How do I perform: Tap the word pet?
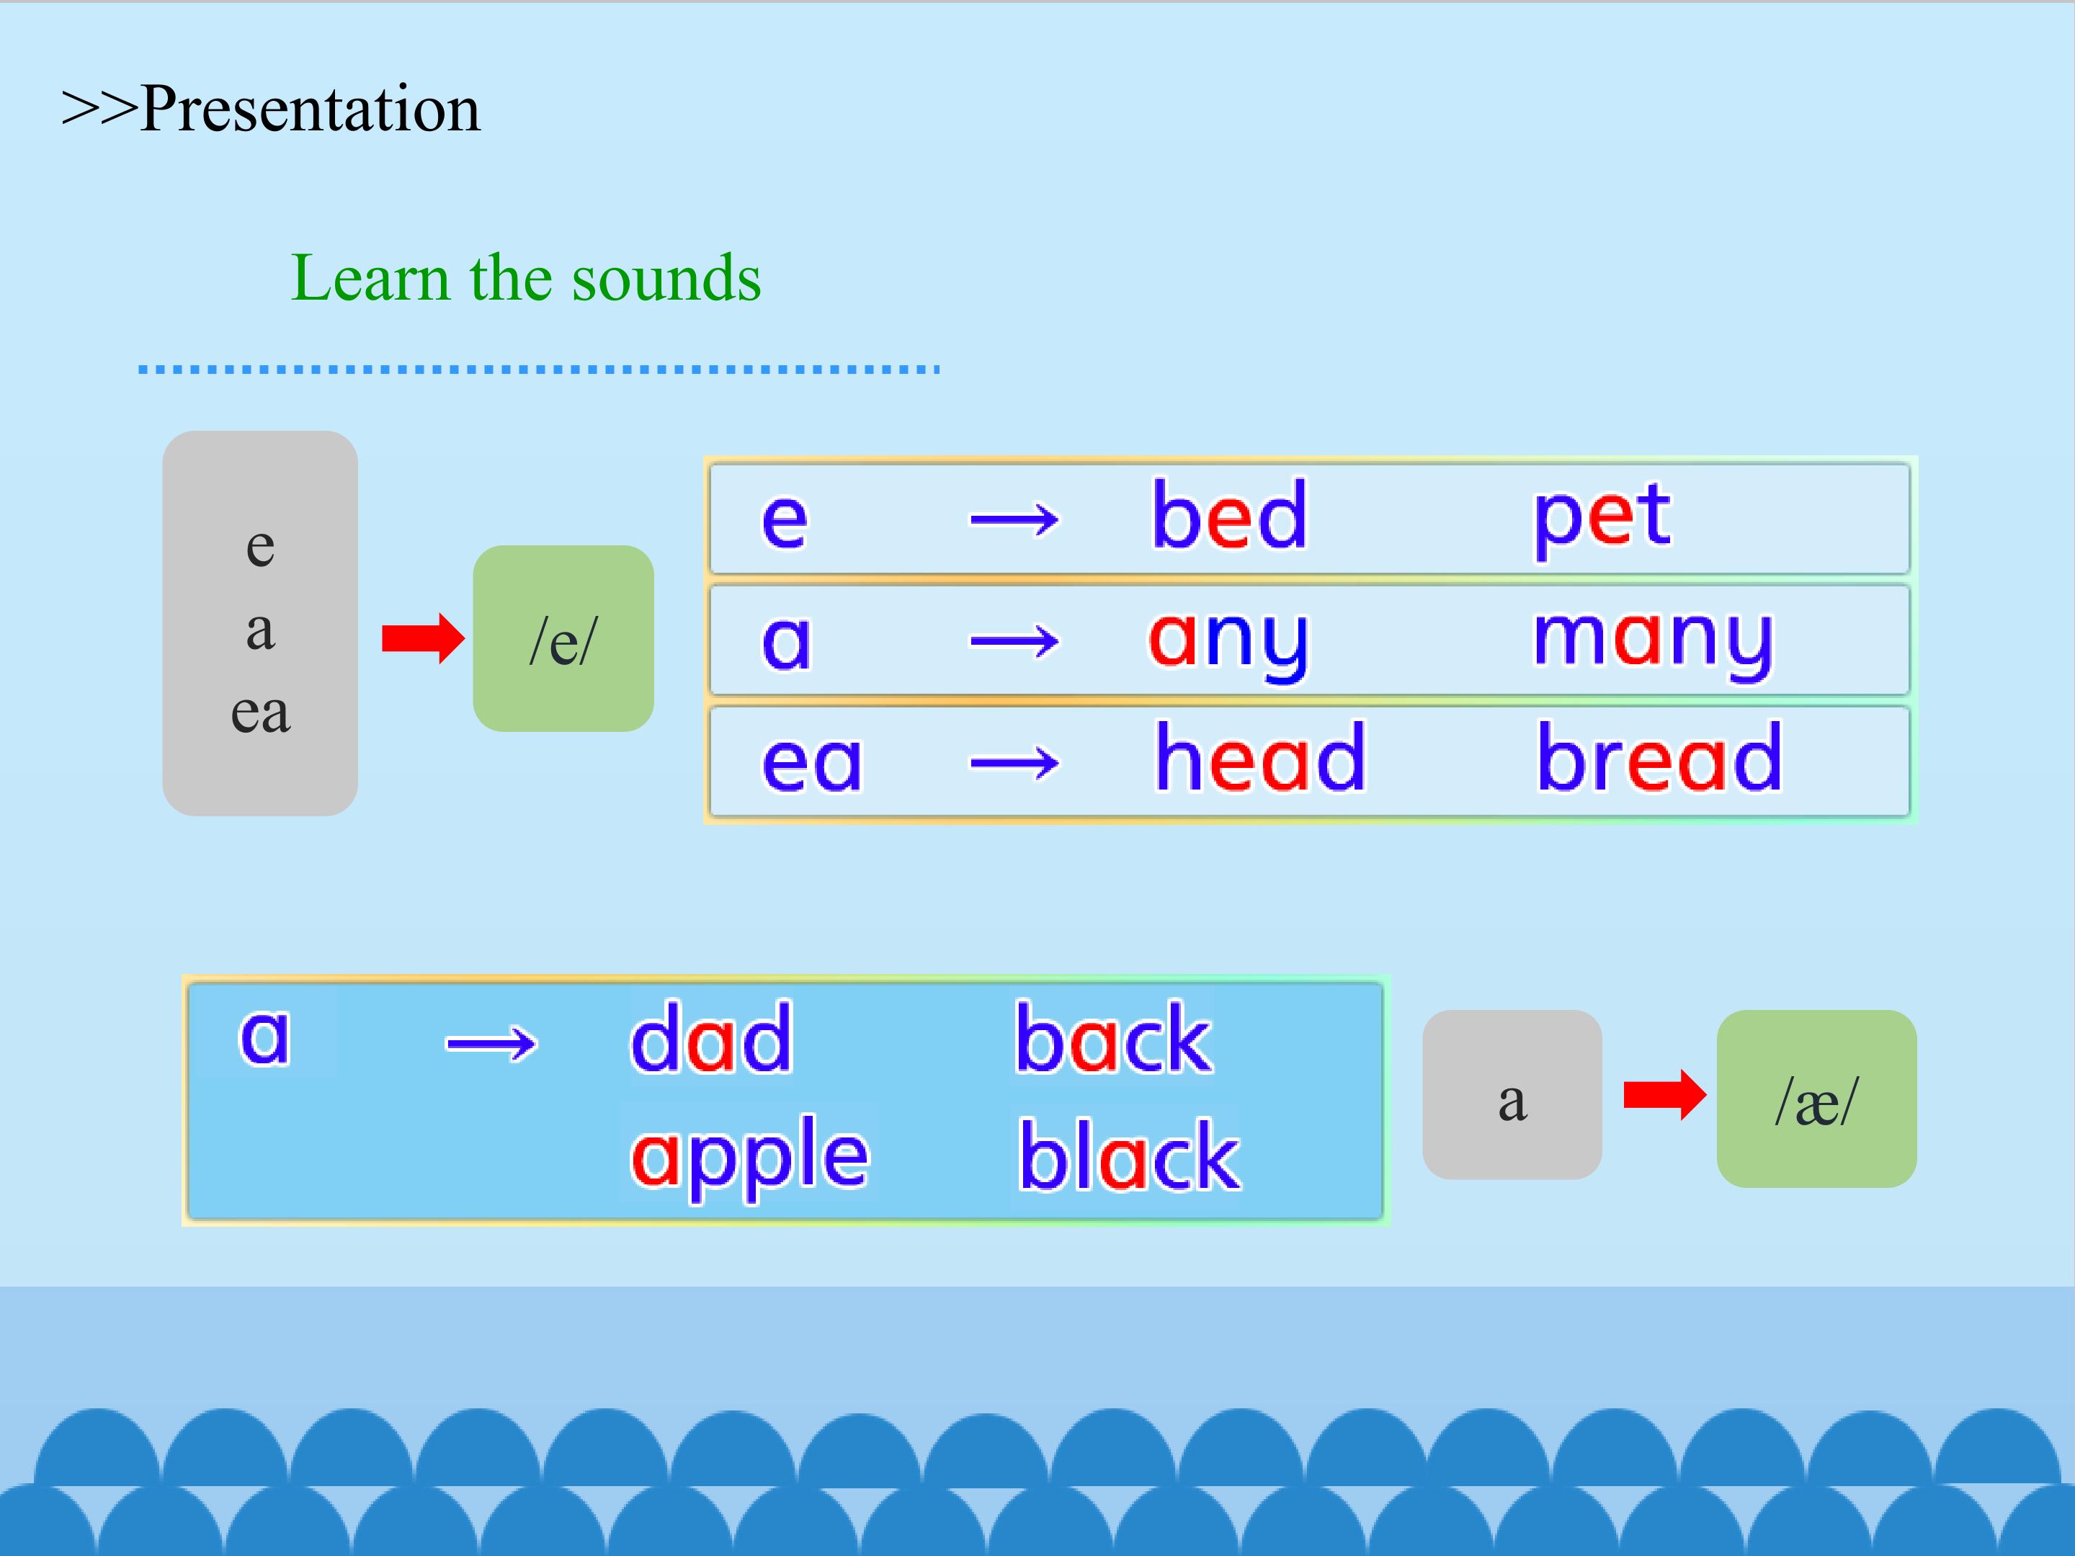(x=1601, y=521)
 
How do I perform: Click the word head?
(x=1260, y=757)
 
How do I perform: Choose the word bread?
(x=1659, y=757)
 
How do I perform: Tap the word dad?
(x=711, y=1037)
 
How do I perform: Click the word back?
(x=1113, y=1037)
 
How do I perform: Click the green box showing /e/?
(x=563, y=639)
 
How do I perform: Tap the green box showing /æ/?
(x=1816, y=1099)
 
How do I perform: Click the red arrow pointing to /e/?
(x=423, y=639)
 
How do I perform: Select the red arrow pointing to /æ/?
(x=1665, y=1094)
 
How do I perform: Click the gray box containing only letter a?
(x=1512, y=1094)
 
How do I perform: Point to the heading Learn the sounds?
(x=525, y=279)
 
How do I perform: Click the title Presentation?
(x=310, y=109)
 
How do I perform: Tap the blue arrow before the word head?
(x=1015, y=763)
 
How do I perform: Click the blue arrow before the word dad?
(x=491, y=1043)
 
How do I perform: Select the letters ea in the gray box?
(x=260, y=713)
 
